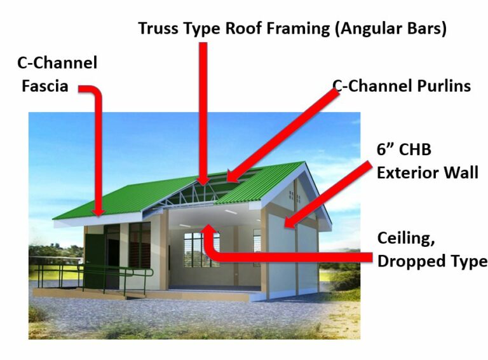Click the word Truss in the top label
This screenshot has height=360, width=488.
[159, 29]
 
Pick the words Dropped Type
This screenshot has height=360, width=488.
[432, 261]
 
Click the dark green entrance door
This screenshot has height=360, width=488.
[95, 261]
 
